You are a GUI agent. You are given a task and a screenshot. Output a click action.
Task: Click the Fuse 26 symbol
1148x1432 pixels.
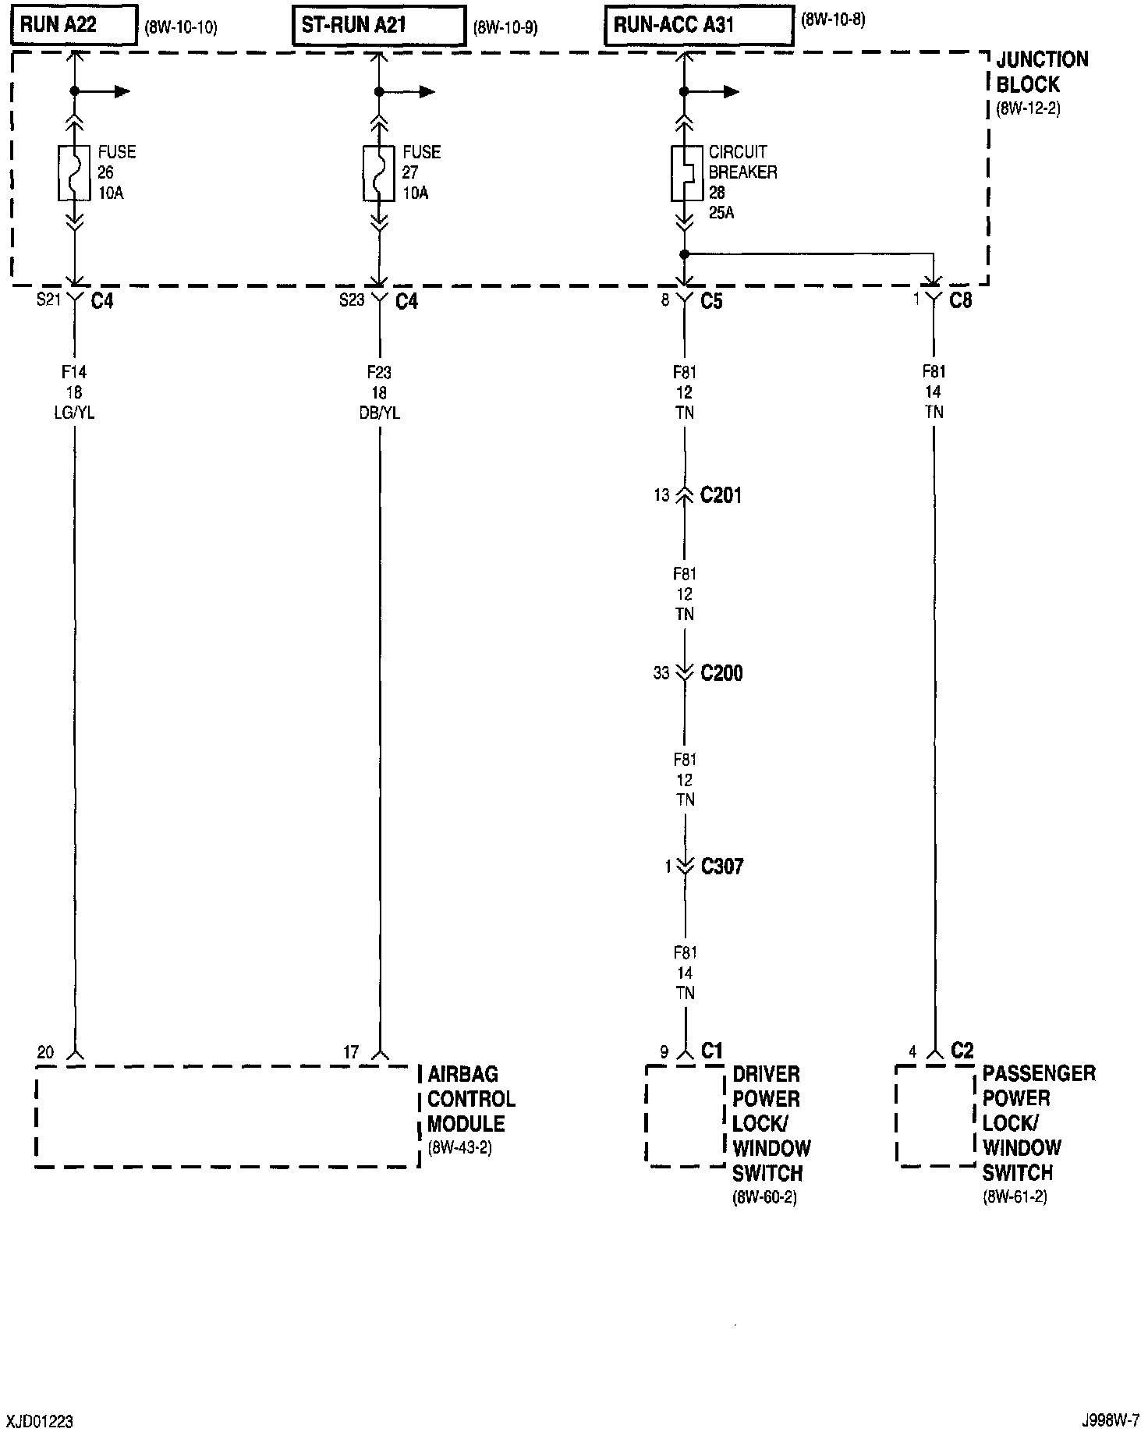point(75,172)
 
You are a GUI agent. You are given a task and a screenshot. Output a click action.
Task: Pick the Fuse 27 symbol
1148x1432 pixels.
point(379,172)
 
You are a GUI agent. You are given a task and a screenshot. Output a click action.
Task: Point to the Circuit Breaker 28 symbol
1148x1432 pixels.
point(684,172)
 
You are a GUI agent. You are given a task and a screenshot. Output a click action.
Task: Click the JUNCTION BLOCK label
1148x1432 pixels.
point(1041,72)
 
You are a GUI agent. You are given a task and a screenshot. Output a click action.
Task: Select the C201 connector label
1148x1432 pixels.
point(721,495)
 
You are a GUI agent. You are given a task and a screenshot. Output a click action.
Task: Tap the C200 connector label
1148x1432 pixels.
point(721,673)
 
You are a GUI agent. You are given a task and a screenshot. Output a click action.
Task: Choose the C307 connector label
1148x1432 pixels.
point(722,866)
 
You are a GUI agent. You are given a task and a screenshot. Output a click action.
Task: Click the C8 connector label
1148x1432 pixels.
point(960,300)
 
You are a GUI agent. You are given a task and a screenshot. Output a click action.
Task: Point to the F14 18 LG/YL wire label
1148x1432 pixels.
point(74,392)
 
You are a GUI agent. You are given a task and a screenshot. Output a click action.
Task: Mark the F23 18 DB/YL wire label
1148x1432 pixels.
point(379,392)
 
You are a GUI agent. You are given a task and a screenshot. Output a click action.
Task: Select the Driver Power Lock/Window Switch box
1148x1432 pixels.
point(685,1115)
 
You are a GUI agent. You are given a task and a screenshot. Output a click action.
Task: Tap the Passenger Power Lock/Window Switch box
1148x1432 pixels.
point(934,1115)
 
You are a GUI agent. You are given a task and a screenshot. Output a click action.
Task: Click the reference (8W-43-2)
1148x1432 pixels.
point(460,1148)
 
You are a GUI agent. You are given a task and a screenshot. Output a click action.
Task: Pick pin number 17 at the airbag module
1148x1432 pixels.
point(351,1053)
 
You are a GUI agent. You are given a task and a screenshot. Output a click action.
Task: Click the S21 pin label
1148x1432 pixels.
point(48,300)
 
